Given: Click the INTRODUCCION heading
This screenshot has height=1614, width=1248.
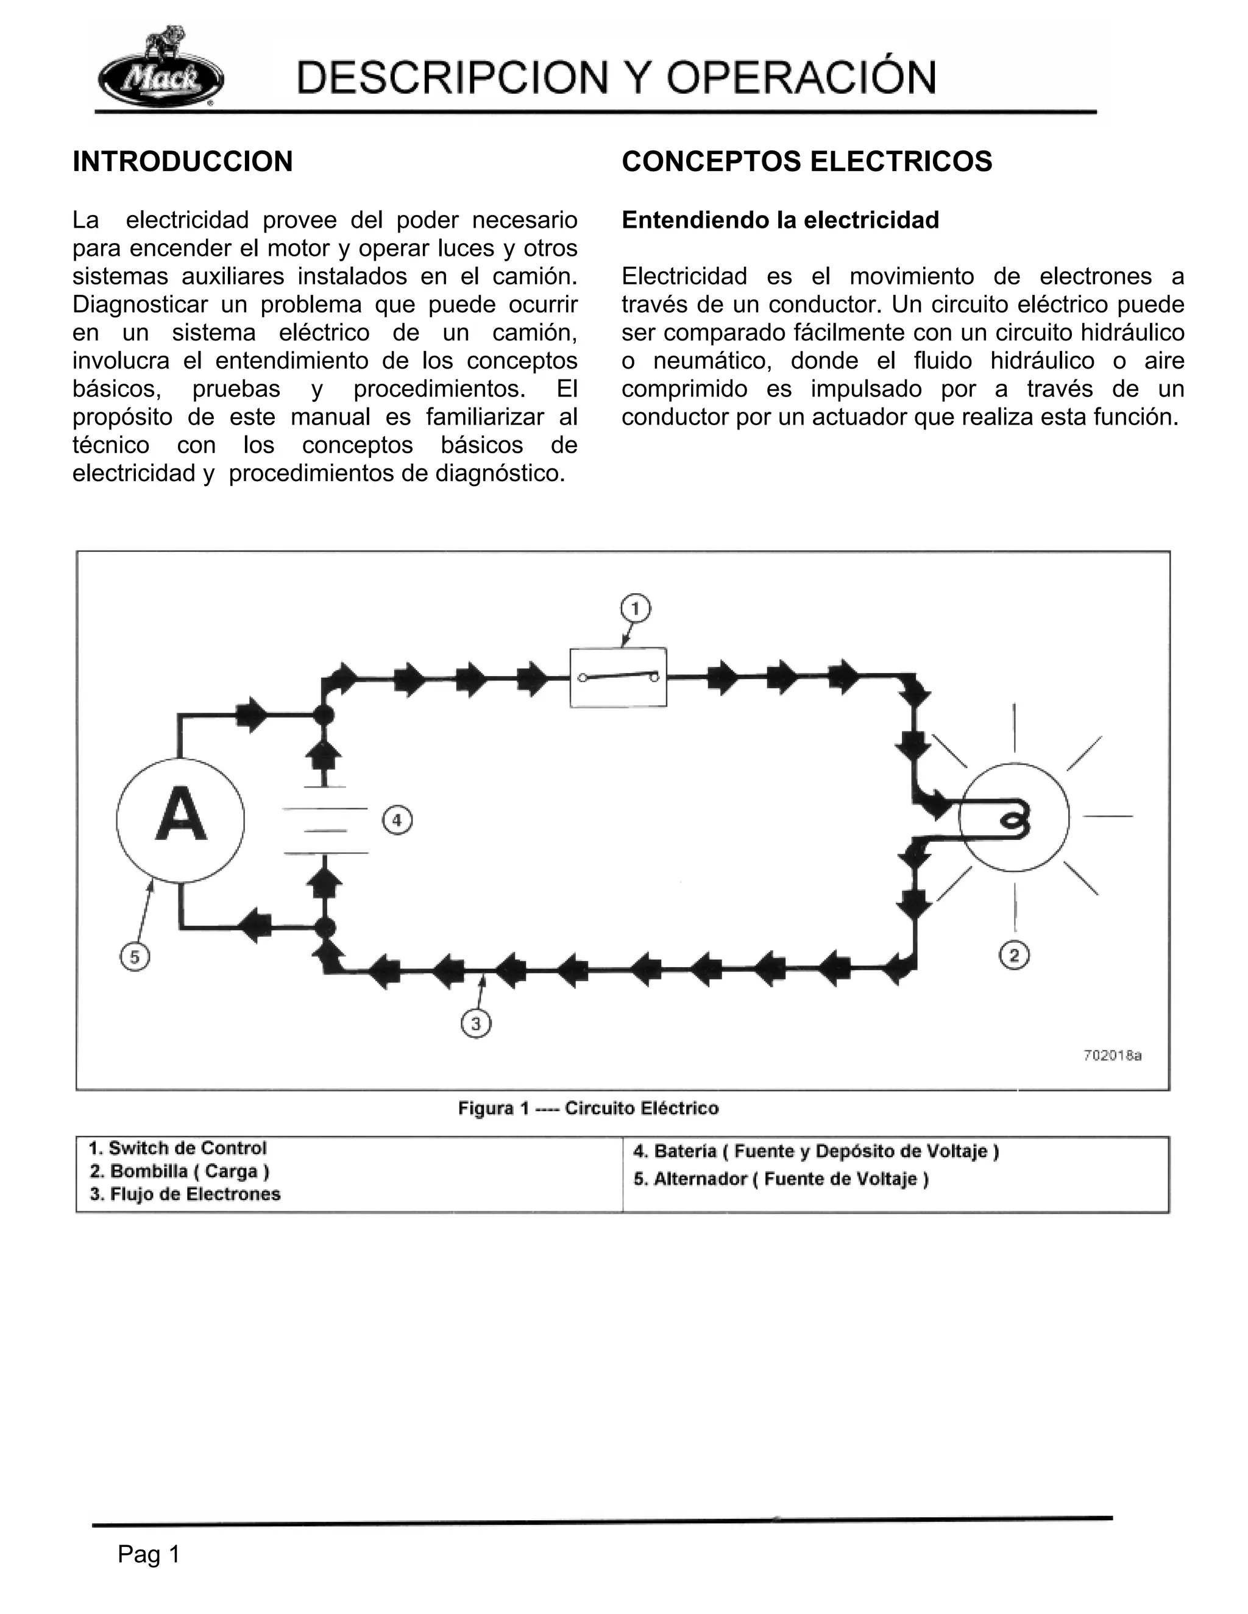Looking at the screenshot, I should pos(183,162).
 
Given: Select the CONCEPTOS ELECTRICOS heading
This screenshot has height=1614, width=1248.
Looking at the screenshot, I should pos(807,162).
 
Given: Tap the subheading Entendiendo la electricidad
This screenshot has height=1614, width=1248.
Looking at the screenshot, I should pos(780,220).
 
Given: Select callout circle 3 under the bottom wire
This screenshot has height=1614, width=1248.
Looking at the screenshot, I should pos(475,1024).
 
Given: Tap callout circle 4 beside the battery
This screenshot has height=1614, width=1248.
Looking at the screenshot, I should pos(397,820).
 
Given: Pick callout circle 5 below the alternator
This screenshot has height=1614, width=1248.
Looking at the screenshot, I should pos(135,957).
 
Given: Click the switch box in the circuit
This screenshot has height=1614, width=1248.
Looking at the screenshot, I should pos(618,677).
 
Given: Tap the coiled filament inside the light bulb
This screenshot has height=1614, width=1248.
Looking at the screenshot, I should pos(1011,820).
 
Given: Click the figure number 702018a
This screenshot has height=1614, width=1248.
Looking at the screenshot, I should pos(1112,1055).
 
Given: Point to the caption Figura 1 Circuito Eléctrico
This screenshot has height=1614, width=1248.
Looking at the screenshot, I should pos(588,1108).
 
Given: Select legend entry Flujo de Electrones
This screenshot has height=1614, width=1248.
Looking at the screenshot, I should pos(185,1194).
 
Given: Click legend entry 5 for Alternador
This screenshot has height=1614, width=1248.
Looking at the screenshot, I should pos(781,1179).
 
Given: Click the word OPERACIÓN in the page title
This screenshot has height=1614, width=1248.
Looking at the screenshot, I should pos(801,77).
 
